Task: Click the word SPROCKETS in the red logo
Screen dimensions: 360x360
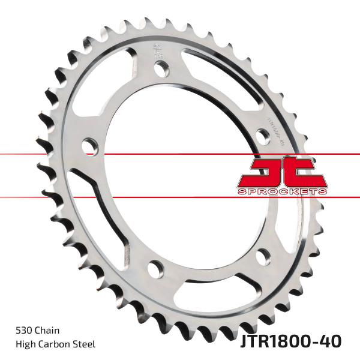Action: coord(281,190)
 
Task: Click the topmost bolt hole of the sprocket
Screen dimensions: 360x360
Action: coord(161,68)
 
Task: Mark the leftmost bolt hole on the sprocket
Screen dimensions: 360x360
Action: coord(89,145)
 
